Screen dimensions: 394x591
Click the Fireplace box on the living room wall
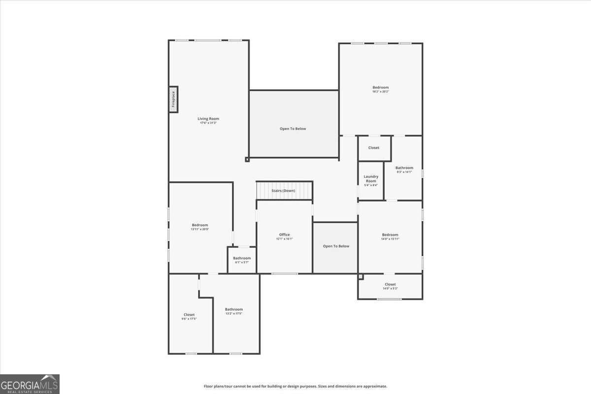click(173, 99)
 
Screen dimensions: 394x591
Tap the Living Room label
click(208, 119)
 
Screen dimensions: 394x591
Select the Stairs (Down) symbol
click(284, 190)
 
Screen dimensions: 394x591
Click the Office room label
click(284, 235)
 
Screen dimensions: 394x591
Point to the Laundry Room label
click(371, 178)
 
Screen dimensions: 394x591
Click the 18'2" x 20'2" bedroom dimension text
click(380, 92)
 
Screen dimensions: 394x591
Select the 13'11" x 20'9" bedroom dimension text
click(200, 229)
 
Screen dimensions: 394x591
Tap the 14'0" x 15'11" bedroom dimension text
click(390, 239)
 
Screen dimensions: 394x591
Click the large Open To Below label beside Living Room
click(293, 129)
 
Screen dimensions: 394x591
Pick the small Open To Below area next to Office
click(336, 246)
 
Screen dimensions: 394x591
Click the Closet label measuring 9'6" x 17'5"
click(189, 315)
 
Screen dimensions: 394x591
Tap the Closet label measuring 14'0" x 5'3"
click(390, 284)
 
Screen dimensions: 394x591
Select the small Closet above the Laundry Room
click(374, 148)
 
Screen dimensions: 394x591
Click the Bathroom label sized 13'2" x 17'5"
click(234, 309)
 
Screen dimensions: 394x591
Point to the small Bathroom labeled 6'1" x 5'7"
click(242, 258)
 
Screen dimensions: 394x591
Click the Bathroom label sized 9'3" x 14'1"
click(404, 168)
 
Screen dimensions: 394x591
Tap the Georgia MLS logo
click(30, 384)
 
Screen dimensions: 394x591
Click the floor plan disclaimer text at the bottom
click(295, 387)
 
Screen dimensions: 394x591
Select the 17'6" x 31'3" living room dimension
click(208, 123)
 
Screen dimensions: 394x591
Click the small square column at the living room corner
click(247, 159)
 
